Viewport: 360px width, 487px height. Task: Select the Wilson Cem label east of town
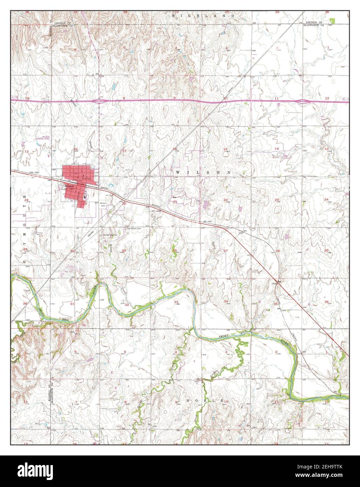click(x=103, y=205)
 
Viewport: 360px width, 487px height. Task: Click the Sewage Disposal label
click(x=109, y=235)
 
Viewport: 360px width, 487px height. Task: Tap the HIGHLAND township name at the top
click(x=205, y=16)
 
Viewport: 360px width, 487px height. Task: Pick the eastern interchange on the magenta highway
click(x=302, y=101)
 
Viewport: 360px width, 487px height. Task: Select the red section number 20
click(x=124, y=203)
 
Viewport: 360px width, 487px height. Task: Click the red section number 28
click(x=174, y=251)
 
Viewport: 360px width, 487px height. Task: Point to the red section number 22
click(x=226, y=200)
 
